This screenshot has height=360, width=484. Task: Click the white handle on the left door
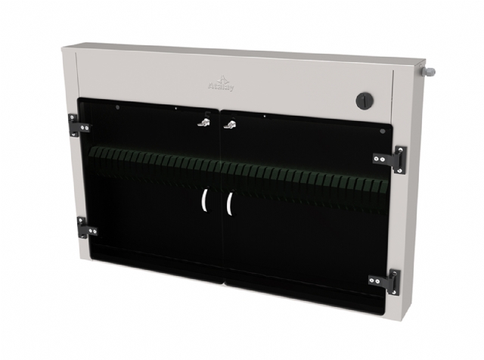tap(205, 200)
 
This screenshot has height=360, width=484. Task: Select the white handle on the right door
tap(228, 203)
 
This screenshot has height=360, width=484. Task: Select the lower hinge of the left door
tap(85, 227)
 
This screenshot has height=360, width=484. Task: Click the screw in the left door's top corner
tap(118, 107)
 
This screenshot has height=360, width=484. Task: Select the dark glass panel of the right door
tap(302, 234)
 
